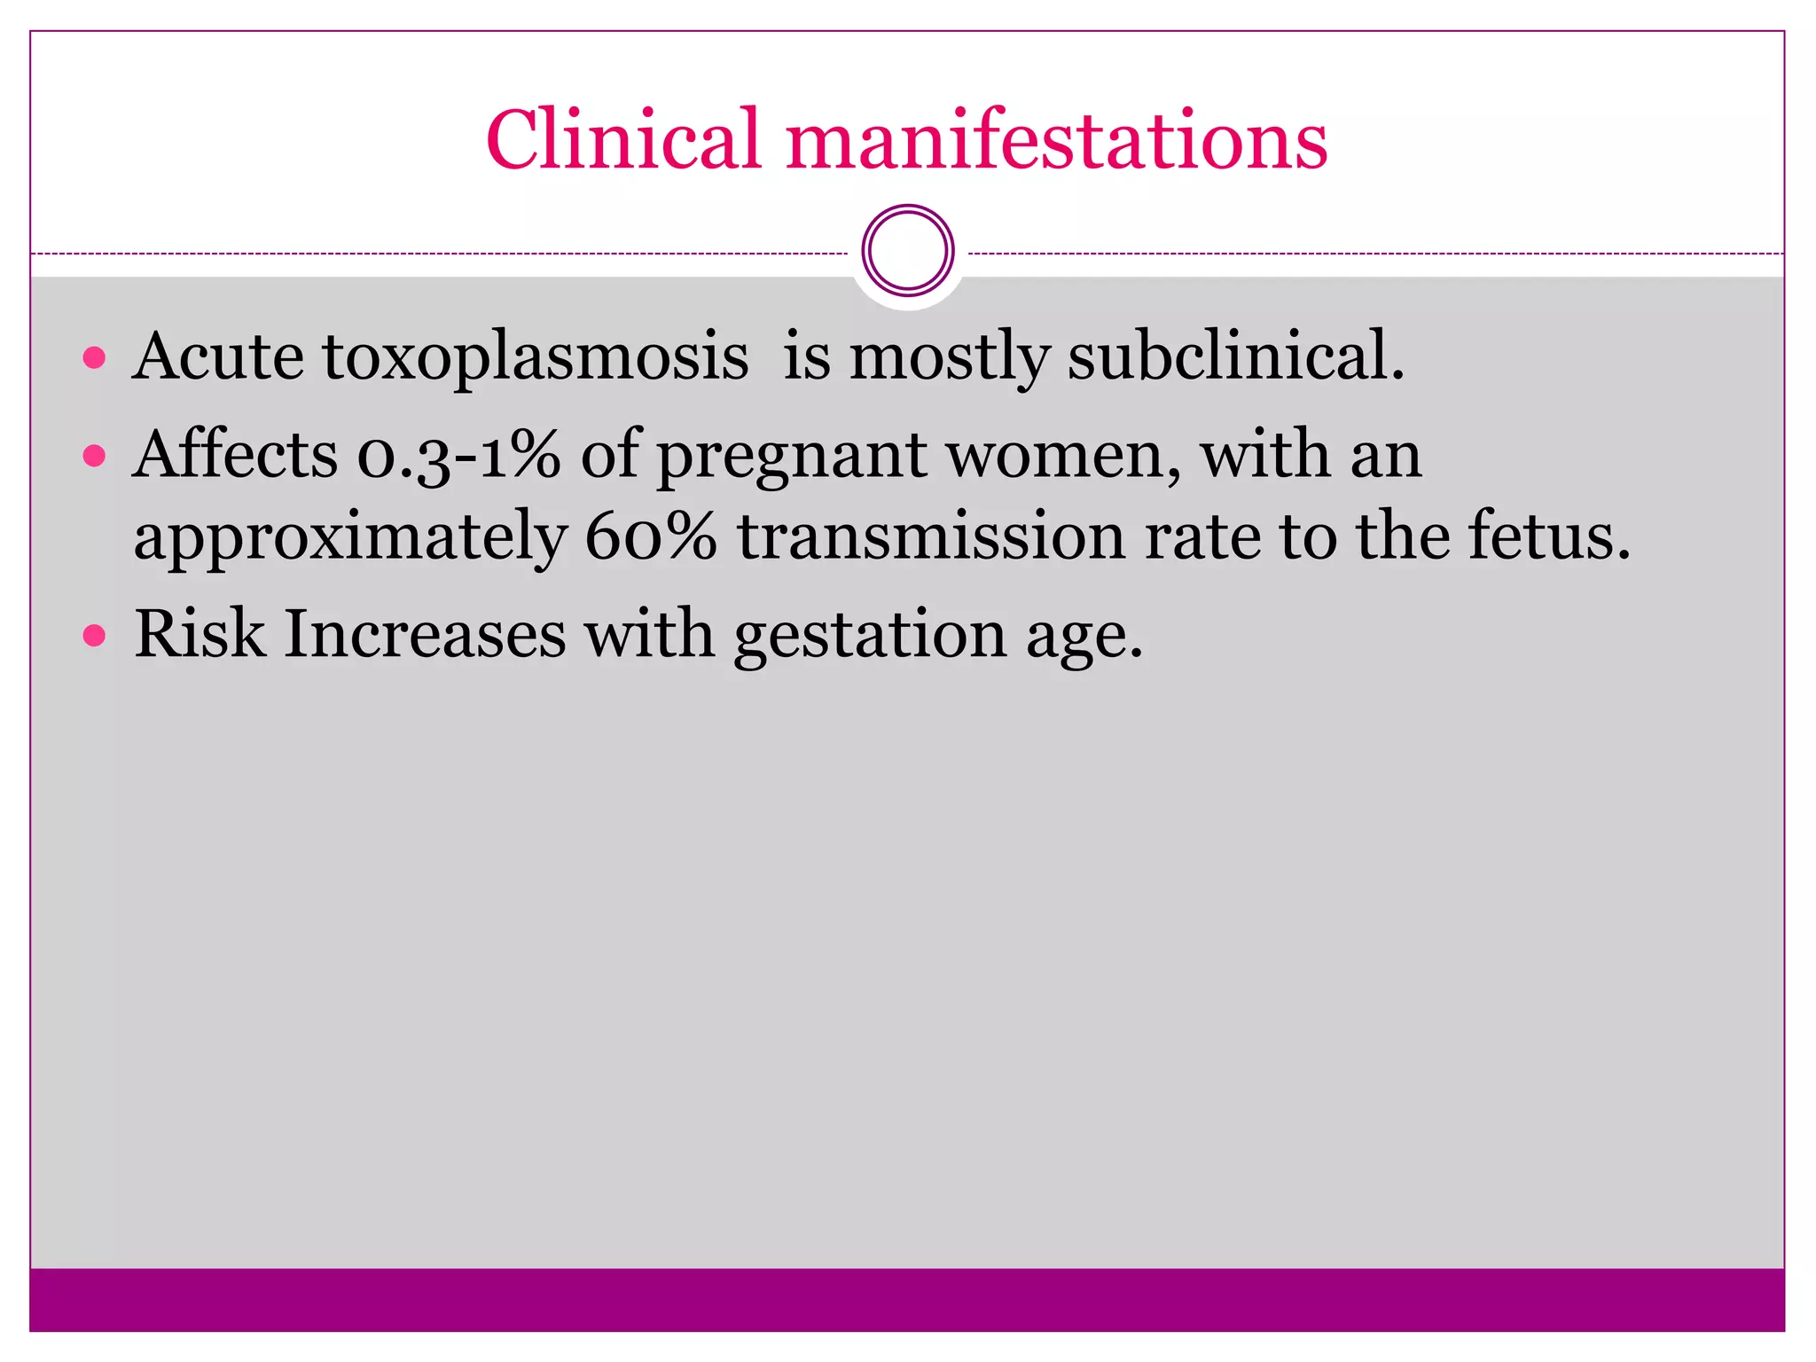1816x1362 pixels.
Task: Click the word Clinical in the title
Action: click(623, 139)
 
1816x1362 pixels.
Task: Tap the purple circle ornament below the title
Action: click(908, 251)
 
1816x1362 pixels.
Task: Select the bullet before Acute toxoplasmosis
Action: click(94, 359)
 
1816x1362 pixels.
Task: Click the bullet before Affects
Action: click(94, 457)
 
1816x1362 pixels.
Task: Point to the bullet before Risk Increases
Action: click(94, 636)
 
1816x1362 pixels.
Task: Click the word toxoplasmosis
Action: click(536, 357)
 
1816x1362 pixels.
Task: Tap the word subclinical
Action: click(1235, 356)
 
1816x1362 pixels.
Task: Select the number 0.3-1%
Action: click(458, 456)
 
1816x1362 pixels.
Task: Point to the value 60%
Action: click(651, 537)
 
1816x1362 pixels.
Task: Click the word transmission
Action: click(931, 537)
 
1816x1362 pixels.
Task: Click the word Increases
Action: click(425, 635)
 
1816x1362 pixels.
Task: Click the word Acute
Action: click(218, 357)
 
